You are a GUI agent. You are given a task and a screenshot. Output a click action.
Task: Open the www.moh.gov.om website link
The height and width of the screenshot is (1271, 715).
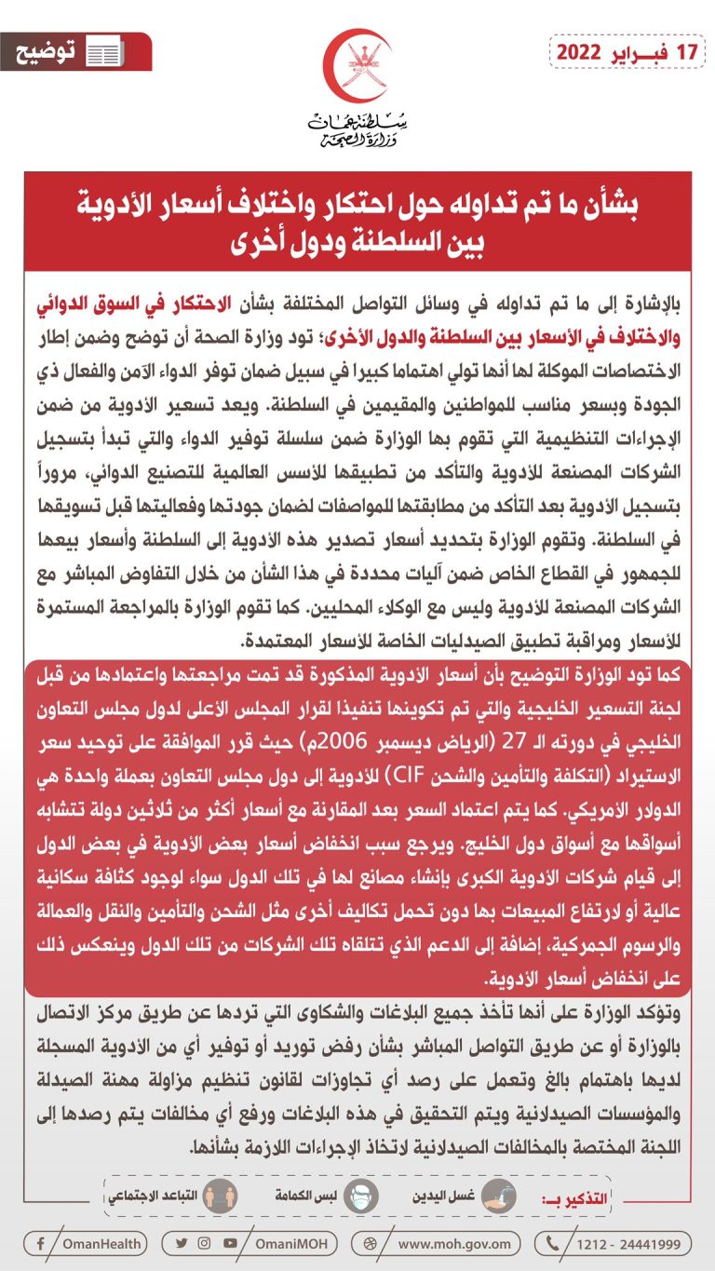click(x=453, y=1243)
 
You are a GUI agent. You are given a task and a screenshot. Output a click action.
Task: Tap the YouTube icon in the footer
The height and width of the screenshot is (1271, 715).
click(x=230, y=1243)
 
